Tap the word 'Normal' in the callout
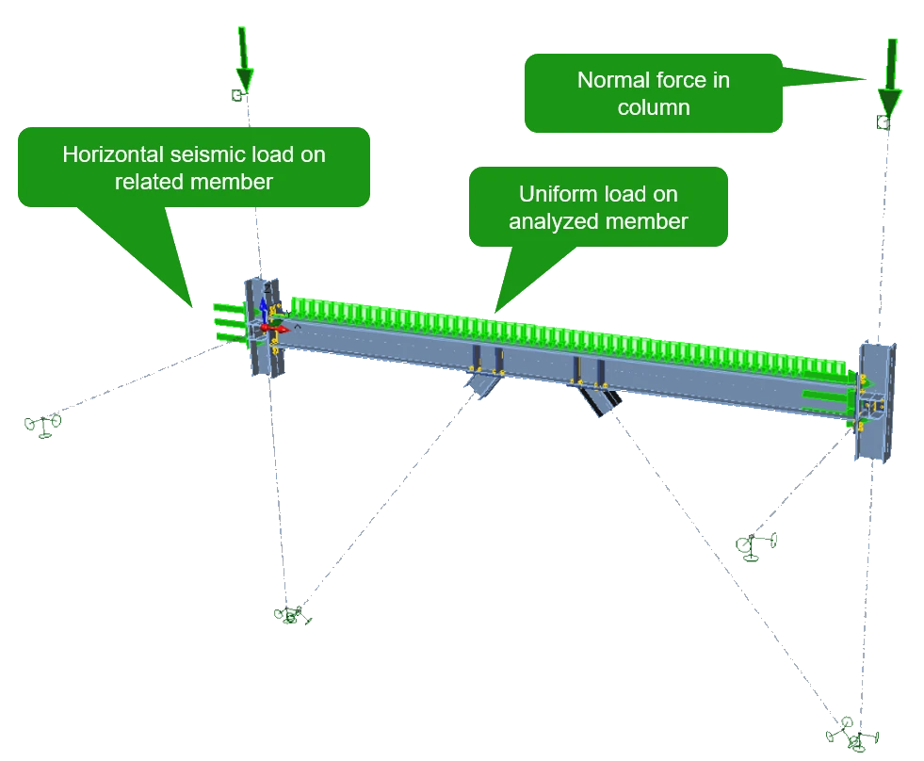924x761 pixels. coord(613,80)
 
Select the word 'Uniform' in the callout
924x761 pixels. coord(553,194)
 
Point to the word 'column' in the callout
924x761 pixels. coord(654,107)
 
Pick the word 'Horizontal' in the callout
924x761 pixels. coord(113,154)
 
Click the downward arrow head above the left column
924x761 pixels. coord(245,79)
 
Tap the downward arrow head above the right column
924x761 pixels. coord(889,102)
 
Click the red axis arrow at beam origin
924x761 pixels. coord(275,328)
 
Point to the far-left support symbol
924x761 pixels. coord(43,425)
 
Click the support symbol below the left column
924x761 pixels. coord(291,615)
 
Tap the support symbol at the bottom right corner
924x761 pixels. coord(852,735)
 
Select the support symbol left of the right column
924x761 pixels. coord(755,546)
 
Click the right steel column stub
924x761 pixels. coord(875,402)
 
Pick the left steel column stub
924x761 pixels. coord(264,327)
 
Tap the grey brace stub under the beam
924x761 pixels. coord(483,385)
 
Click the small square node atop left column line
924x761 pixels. coord(237,95)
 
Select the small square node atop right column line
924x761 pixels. coord(883,122)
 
